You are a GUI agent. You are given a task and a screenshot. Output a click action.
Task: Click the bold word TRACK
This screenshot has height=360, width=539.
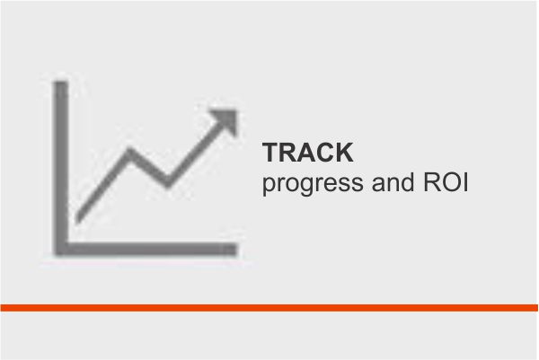(308, 153)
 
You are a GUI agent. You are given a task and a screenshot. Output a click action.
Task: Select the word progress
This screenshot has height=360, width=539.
(313, 184)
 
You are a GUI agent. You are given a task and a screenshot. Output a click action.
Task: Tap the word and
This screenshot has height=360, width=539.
(393, 182)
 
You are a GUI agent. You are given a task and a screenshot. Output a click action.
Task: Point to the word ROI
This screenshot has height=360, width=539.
(446, 182)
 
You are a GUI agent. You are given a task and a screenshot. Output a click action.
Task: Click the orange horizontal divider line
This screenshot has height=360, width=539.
(269, 308)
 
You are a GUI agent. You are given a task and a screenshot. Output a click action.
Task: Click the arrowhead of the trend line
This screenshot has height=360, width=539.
(227, 119)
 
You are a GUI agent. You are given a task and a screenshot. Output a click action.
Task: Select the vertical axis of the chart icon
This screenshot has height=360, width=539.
(61, 168)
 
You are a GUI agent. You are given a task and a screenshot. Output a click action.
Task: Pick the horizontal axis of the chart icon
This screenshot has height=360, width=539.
(146, 250)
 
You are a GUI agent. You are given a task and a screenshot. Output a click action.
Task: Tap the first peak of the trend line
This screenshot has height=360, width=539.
(128, 151)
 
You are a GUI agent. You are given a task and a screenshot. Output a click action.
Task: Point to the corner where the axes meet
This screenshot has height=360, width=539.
(61, 250)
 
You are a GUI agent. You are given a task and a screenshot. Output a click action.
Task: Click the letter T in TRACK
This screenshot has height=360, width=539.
(271, 153)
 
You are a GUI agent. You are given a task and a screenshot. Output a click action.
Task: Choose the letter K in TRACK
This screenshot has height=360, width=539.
(344, 153)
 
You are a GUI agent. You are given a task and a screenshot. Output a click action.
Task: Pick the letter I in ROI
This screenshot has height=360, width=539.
(465, 182)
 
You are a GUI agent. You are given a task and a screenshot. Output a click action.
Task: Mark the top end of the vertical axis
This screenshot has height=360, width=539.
(61, 83)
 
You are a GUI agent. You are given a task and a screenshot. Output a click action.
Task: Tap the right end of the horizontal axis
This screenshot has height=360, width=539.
(236, 250)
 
